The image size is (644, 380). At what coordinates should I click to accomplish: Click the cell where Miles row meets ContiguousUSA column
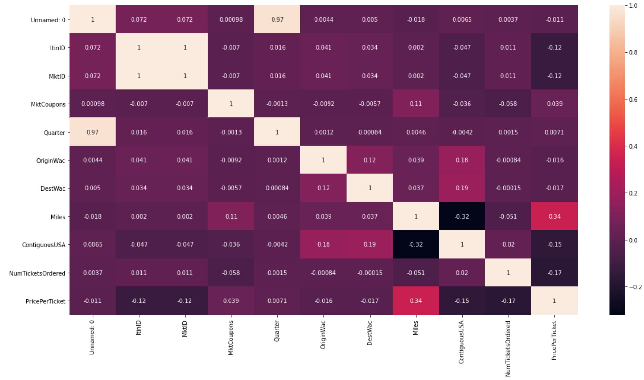pyautogui.click(x=462, y=216)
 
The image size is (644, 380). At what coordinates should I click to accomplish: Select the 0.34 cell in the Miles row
pyautogui.click(x=554, y=216)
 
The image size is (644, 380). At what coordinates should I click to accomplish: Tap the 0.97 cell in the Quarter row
pyautogui.click(x=92, y=132)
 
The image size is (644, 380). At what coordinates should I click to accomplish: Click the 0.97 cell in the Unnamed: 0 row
pyautogui.click(x=277, y=19)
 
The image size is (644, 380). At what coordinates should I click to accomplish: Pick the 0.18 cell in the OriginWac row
pyautogui.click(x=462, y=160)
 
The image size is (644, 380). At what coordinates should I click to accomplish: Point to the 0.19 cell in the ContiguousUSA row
pyautogui.click(x=370, y=244)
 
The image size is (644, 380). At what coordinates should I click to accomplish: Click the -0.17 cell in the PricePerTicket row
pyautogui.click(x=508, y=301)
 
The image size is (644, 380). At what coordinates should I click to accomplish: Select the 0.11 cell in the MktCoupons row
pyautogui.click(x=416, y=104)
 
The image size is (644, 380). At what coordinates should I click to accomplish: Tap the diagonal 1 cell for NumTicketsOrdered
pyautogui.click(x=508, y=273)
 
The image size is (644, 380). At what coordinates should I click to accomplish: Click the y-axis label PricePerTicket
pyautogui.click(x=46, y=301)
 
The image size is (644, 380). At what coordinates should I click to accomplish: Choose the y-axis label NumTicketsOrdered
pyautogui.click(x=37, y=273)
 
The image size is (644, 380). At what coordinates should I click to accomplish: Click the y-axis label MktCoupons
pyautogui.click(x=48, y=104)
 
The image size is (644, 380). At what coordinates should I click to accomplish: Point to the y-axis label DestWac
pyautogui.click(x=53, y=189)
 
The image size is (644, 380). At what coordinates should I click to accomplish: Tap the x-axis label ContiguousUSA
pyautogui.click(x=461, y=342)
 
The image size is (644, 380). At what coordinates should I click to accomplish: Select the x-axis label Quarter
pyautogui.click(x=277, y=331)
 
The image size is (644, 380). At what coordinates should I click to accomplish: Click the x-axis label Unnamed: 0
pyautogui.click(x=92, y=337)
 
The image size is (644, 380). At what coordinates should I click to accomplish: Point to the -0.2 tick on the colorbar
pyautogui.click(x=635, y=287)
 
